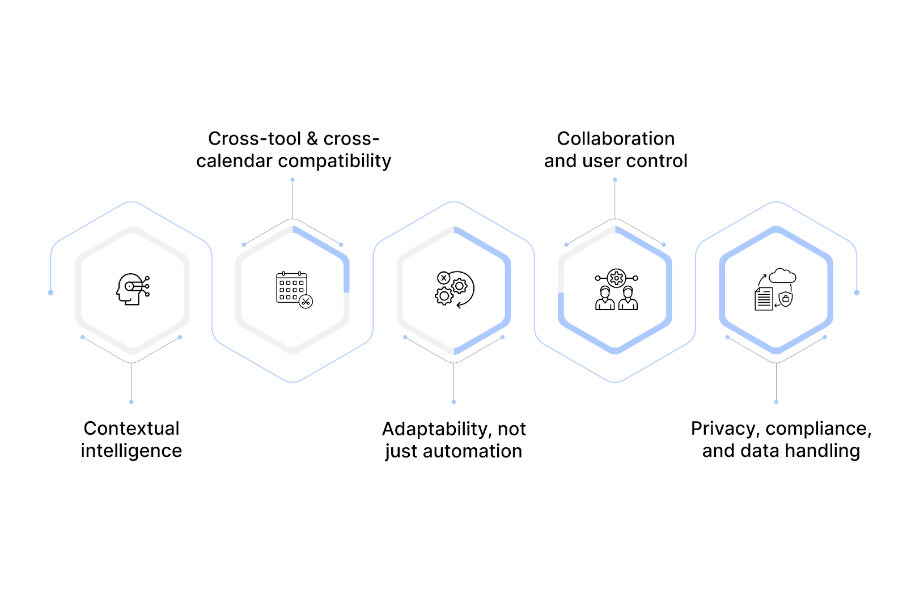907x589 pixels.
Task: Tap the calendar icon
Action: point(293,289)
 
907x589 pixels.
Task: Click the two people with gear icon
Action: point(616,289)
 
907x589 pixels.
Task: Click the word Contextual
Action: point(132,429)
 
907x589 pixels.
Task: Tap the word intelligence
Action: point(132,451)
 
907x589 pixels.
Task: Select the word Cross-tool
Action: point(255,139)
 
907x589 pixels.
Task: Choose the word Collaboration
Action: point(616,139)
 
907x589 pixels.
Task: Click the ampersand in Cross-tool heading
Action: point(312,139)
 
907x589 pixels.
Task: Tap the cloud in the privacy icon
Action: point(783,276)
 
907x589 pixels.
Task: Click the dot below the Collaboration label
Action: point(615,180)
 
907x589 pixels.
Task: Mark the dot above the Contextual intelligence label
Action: point(132,402)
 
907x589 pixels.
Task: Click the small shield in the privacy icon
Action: point(786,299)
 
